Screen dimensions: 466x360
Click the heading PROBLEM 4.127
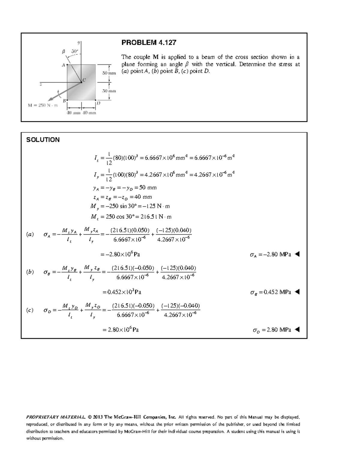coord(148,43)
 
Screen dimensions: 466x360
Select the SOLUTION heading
coord(43,140)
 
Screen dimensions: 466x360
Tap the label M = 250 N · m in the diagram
coord(43,105)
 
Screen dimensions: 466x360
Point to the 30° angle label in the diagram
coord(74,51)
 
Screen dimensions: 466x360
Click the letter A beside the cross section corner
coord(63,65)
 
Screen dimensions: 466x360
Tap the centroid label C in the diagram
coord(84,80)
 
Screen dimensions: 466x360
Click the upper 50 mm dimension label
coord(109,73)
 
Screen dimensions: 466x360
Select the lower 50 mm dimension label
coord(109,91)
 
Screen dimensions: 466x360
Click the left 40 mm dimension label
coord(73,113)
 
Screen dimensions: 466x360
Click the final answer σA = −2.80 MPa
coord(270,255)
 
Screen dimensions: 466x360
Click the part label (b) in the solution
coord(30,272)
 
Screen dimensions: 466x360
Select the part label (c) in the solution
coord(30,310)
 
